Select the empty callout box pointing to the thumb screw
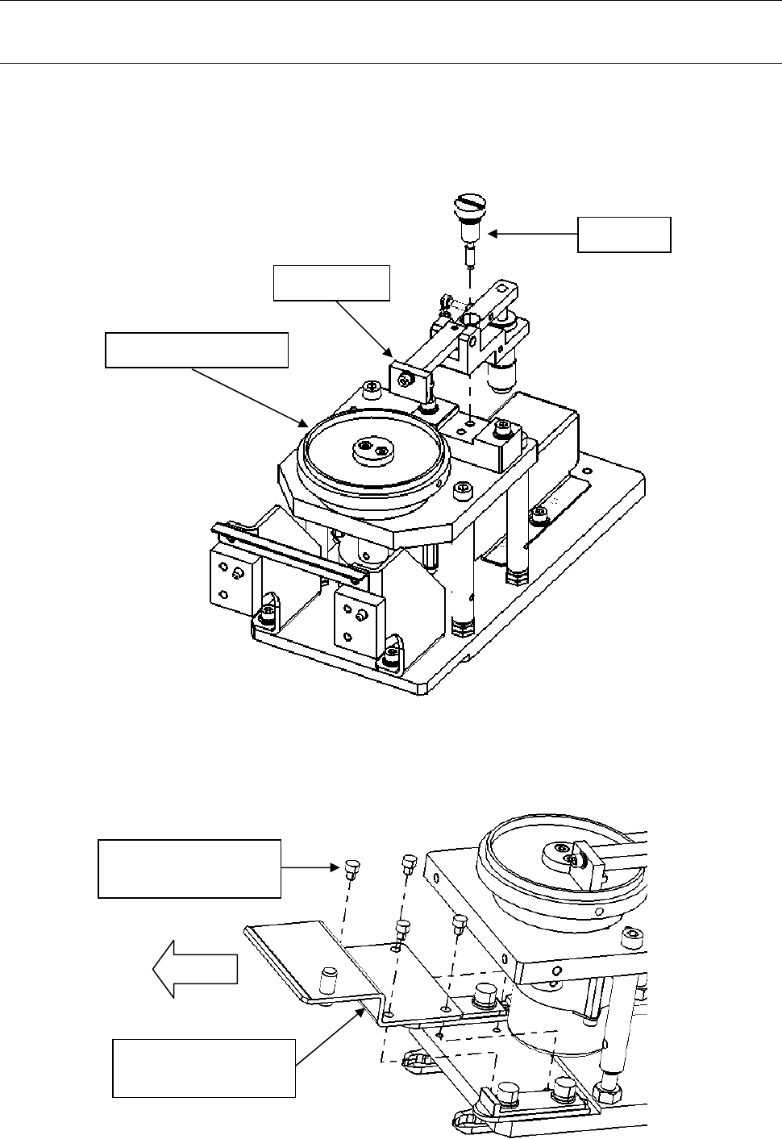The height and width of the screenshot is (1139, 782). [624, 235]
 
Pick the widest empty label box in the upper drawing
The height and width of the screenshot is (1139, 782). [197, 350]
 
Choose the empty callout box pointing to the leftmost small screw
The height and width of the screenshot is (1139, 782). [189, 869]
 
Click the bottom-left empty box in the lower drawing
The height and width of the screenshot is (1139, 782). [204, 1068]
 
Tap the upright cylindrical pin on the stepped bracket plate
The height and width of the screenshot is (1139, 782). [328, 982]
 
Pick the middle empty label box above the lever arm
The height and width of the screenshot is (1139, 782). [332, 283]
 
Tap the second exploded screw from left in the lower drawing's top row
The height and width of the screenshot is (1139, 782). [408, 864]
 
